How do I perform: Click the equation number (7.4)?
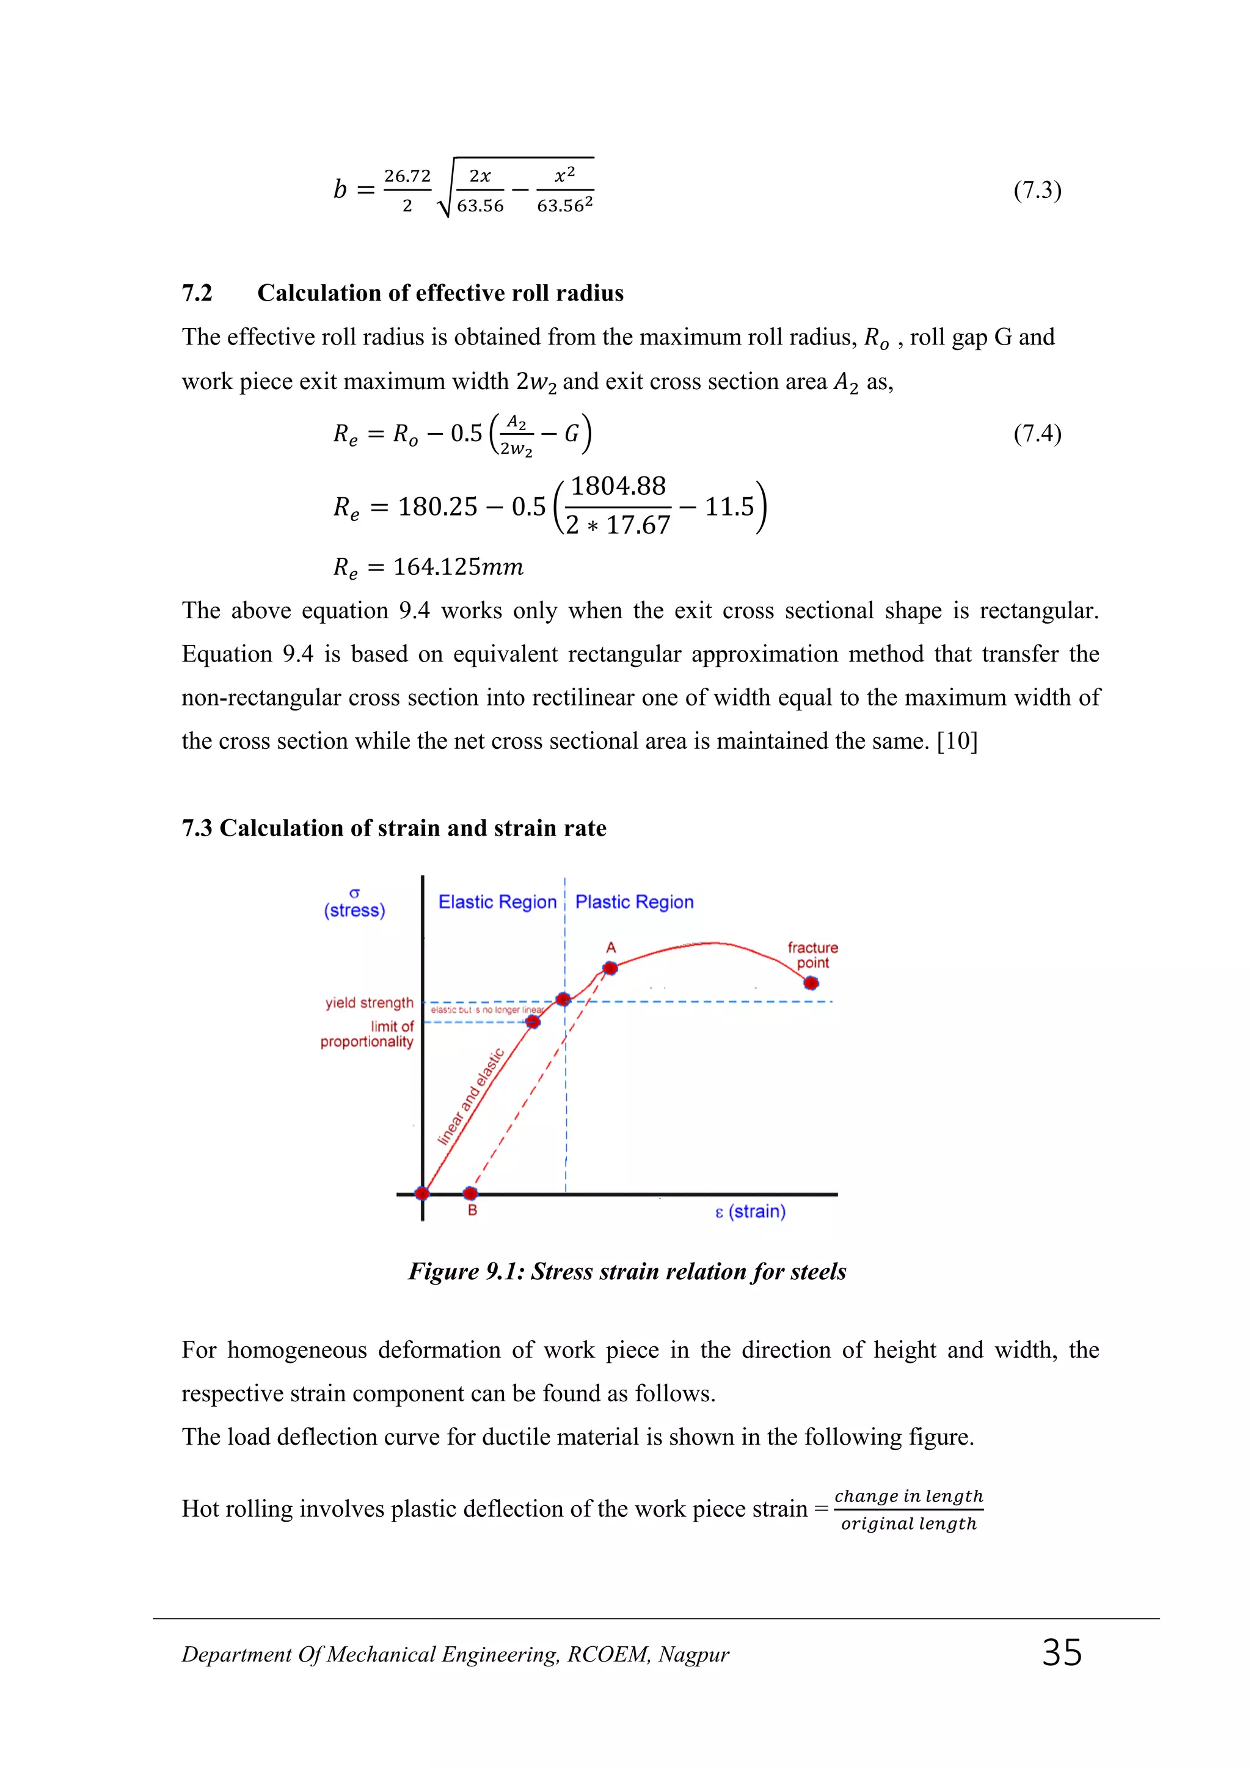(1037, 434)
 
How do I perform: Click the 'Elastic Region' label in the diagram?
(497, 902)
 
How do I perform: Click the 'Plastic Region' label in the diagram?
(634, 902)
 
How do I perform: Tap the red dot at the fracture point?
(811, 983)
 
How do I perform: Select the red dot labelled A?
(610, 968)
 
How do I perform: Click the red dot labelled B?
(470, 1194)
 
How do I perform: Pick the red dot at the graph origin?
(422, 1194)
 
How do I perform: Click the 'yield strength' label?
(369, 1002)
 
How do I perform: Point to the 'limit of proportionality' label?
(368, 1034)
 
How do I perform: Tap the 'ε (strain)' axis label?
(750, 1212)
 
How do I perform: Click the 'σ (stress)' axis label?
(354, 904)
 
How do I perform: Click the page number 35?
(1062, 1654)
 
